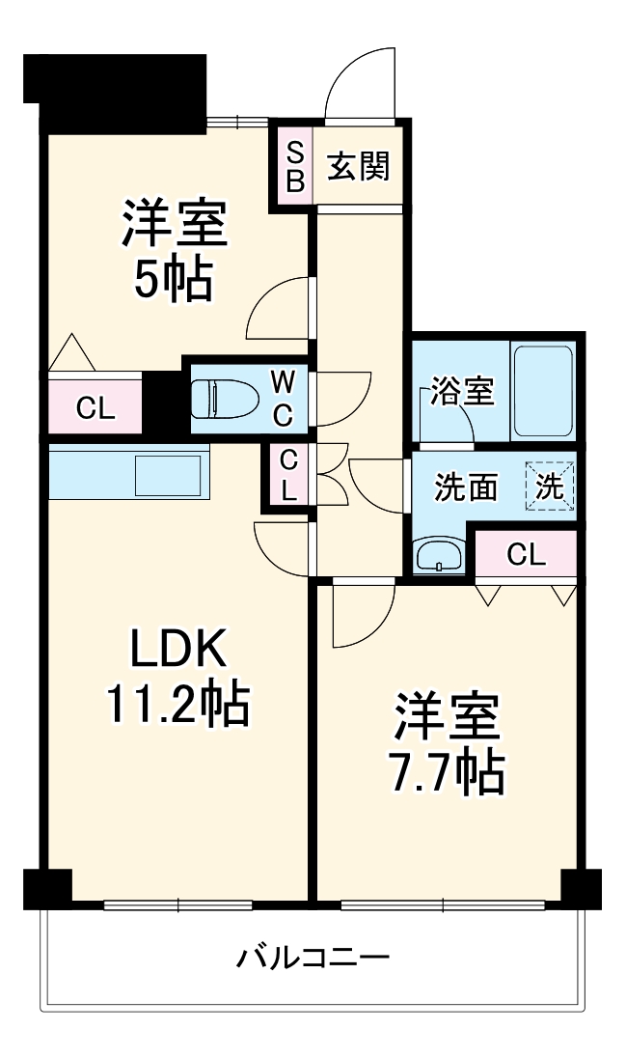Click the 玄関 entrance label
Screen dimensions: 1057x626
pyautogui.click(x=358, y=166)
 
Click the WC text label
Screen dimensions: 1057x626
pyautogui.click(x=282, y=397)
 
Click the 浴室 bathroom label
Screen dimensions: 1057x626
pyautogui.click(x=462, y=392)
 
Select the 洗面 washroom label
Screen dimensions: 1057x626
pyautogui.click(x=465, y=488)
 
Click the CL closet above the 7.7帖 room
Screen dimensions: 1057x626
pyautogui.click(x=526, y=554)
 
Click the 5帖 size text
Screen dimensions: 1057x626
pyautogui.click(x=174, y=280)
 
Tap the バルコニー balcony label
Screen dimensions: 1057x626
pyautogui.click(x=313, y=959)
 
